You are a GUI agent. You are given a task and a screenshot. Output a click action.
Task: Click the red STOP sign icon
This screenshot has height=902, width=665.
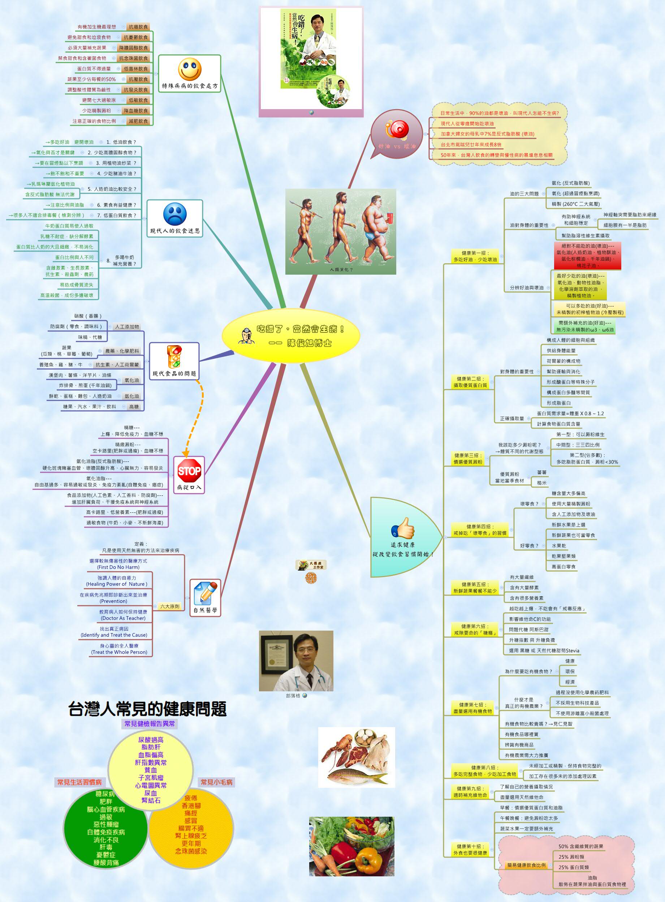189,471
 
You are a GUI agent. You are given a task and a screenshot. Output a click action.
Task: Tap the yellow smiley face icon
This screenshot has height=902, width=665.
190,69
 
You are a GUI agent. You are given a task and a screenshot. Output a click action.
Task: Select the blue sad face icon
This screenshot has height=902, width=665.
175,214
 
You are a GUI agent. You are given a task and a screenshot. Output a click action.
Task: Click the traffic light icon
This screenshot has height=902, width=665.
174,356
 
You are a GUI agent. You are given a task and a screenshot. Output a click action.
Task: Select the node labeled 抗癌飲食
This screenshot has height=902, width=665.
138,27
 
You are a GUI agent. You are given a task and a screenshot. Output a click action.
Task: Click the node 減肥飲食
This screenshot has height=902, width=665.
138,121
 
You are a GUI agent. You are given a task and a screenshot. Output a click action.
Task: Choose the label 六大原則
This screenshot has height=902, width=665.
169,606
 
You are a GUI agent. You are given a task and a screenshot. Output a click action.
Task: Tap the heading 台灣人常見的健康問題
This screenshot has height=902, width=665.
147,709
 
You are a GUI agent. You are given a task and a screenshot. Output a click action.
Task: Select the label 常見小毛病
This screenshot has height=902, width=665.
217,782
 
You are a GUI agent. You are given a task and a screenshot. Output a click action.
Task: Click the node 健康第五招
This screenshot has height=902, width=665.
475,588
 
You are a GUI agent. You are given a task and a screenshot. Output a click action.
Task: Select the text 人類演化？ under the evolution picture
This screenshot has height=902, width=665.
341,269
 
